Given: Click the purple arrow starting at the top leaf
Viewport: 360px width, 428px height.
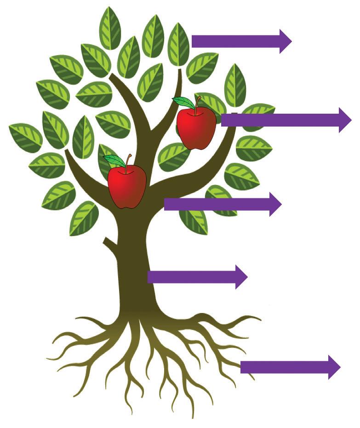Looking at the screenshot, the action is coord(239,41).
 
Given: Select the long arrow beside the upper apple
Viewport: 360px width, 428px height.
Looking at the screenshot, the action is coord(285,120).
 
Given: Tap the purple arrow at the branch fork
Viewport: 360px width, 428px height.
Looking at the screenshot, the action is coord(221,204).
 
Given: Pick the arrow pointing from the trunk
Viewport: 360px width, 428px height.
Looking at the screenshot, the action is coord(195,277).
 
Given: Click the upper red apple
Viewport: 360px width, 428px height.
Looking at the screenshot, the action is coord(196,127).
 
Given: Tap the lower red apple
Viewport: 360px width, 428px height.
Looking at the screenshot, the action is coord(127,186).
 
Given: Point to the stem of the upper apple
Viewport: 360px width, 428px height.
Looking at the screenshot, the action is coord(197,103).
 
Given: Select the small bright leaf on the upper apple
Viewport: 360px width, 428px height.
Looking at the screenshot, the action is coord(183,103).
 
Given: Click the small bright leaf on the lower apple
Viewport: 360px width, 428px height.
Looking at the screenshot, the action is coord(114,160).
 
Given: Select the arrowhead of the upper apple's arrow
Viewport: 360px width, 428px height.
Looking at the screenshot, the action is coord(345,120).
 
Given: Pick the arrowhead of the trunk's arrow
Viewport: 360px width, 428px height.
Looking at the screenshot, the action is coord(241,277).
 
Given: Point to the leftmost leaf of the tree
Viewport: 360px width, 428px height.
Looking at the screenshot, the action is coord(25,137).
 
